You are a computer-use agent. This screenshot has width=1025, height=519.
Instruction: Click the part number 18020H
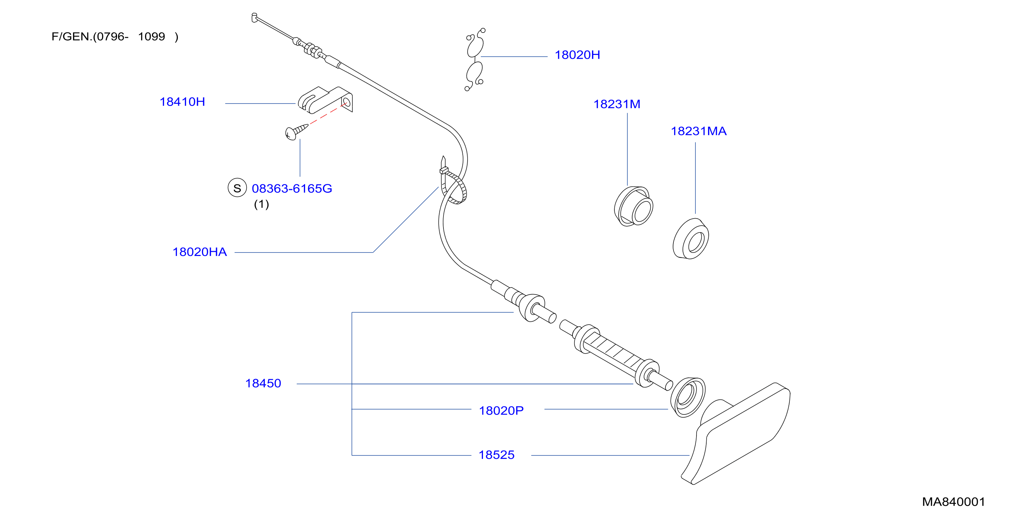[x=577, y=55]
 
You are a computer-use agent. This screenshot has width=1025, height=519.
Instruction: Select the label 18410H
[x=182, y=102]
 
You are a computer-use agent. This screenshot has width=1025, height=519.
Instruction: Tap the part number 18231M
[x=617, y=104]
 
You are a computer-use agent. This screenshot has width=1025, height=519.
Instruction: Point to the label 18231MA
[x=698, y=131]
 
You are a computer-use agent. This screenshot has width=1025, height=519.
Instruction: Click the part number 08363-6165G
[x=292, y=189]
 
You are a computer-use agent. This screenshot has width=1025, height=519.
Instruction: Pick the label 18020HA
[x=199, y=252]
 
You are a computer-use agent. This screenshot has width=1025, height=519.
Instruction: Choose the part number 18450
[x=263, y=384]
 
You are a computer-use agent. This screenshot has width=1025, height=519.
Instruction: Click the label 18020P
[x=501, y=411]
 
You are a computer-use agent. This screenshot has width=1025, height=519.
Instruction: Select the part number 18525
[x=496, y=455]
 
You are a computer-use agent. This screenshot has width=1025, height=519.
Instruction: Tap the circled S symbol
[x=237, y=188]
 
